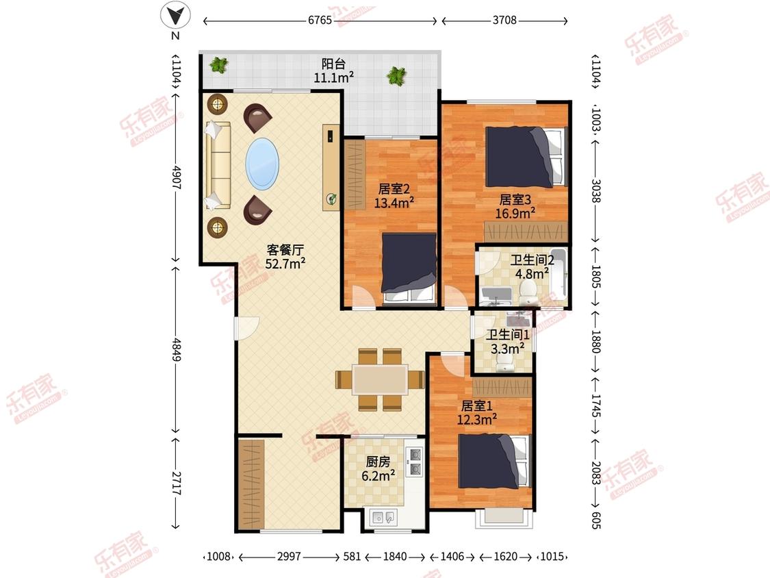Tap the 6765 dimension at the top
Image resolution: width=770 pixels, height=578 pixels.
coord(320,20)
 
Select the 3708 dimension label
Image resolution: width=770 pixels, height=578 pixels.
coord(504,20)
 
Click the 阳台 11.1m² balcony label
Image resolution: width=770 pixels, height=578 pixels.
coord(334,71)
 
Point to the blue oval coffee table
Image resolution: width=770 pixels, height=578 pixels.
coord(262,164)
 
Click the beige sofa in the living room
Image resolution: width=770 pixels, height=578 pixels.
coord(217,166)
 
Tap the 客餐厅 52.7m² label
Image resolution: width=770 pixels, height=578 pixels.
coord(285,257)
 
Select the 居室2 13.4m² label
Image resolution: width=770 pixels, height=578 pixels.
coord(394,196)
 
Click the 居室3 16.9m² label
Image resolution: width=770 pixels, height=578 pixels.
coord(515,206)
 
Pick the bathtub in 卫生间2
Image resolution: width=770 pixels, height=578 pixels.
coord(559,274)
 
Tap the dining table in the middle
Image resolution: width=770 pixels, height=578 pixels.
coord(380,379)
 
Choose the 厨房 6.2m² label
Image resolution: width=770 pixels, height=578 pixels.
coord(378,469)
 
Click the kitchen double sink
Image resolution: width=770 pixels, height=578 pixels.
coord(384,518)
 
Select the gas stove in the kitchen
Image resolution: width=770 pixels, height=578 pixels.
coord(415,462)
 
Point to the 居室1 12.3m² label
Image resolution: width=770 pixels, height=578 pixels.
coord(477,413)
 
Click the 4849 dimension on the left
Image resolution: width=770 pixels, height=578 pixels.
coord(177,349)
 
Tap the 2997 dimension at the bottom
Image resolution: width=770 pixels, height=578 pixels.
coord(289,556)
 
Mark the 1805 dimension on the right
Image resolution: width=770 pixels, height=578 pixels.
coord(595,277)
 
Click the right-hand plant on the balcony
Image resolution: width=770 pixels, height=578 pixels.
coord(396,75)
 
